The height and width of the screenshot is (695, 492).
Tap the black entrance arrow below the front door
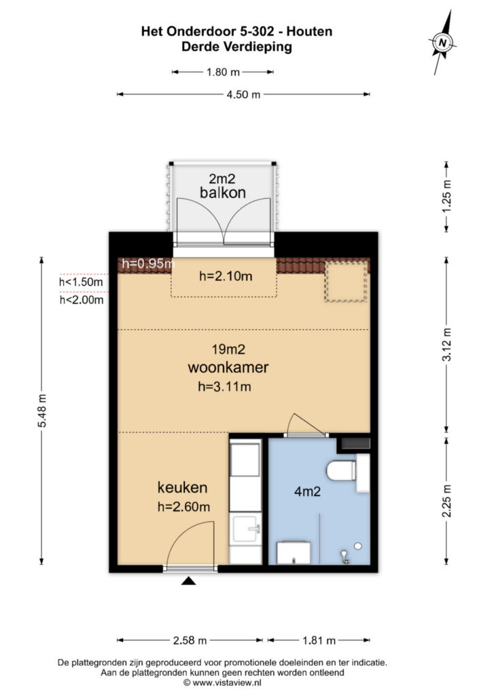(x=188, y=581)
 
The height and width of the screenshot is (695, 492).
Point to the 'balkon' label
(x=222, y=193)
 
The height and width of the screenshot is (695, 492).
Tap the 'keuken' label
(x=182, y=487)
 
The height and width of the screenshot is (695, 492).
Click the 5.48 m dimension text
(x=43, y=411)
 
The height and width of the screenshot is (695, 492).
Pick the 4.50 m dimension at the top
(x=243, y=95)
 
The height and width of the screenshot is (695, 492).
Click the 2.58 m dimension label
(x=191, y=640)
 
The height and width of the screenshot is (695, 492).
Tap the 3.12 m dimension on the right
(x=446, y=344)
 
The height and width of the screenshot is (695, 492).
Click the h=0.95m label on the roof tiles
(x=147, y=265)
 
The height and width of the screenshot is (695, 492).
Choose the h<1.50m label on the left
(x=81, y=282)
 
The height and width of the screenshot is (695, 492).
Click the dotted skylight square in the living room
(x=345, y=281)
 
